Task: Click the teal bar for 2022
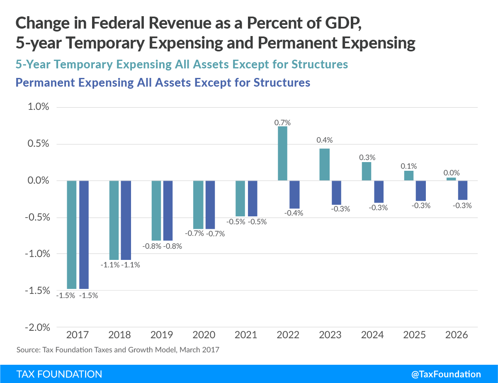click(x=282, y=153)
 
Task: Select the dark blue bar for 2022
click(x=294, y=194)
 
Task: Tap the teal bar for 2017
click(x=72, y=235)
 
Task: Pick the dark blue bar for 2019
click(x=168, y=211)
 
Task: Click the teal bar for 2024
click(x=367, y=171)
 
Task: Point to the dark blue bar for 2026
click(x=463, y=190)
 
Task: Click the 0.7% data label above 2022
click(x=282, y=122)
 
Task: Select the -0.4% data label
click(x=294, y=213)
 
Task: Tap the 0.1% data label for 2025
click(x=408, y=166)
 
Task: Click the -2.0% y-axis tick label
click(x=37, y=327)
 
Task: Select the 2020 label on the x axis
click(x=204, y=335)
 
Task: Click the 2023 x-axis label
click(x=330, y=335)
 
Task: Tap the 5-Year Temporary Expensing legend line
click(x=182, y=65)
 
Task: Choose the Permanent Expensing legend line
click(x=163, y=82)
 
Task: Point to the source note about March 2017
click(x=118, y=350)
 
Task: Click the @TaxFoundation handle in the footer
click(x=446, y=374)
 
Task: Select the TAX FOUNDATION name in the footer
click(x=59, y=374)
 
